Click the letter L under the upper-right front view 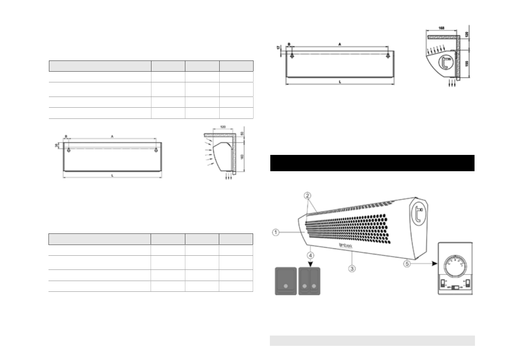click(340, 82)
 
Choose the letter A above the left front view click(112, 136)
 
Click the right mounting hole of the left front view click(157, 150)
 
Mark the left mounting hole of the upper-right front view click(292, 56)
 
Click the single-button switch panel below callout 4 click(285, 281)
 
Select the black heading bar click(372, 163)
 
